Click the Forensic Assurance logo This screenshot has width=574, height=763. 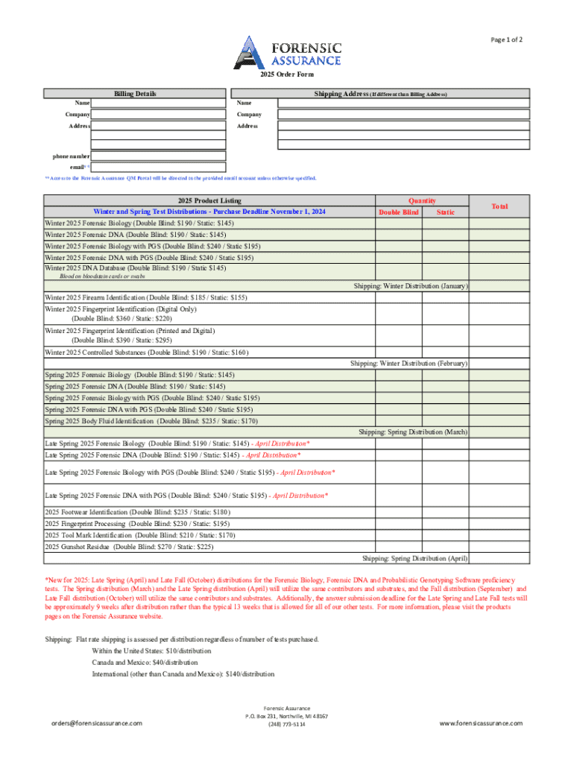(x=288, y=51)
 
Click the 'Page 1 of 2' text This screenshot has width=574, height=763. (x=506, y=39)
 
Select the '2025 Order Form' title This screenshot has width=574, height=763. (x=287, y=75)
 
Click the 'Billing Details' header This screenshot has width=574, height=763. (x=135, y=94)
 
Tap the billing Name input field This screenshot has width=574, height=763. (x=158, y=104)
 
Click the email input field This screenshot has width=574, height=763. (x=158, y=168)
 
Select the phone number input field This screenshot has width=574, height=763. (x=158, y=156)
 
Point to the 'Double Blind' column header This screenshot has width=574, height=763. (x=399, y=212)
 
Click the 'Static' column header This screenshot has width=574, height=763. (x=445, y=212)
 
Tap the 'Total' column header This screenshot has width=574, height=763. (x=499, y=206)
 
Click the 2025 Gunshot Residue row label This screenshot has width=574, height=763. (x=129, y=546)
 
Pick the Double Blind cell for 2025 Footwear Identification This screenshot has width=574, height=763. (x=399, y=512)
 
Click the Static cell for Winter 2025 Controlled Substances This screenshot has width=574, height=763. (x=445, y=352)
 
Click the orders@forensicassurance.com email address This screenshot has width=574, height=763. (x=96, y=724)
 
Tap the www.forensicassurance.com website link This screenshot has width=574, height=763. (x=481, y=724)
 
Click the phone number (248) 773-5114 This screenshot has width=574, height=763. (x=287, y=724)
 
